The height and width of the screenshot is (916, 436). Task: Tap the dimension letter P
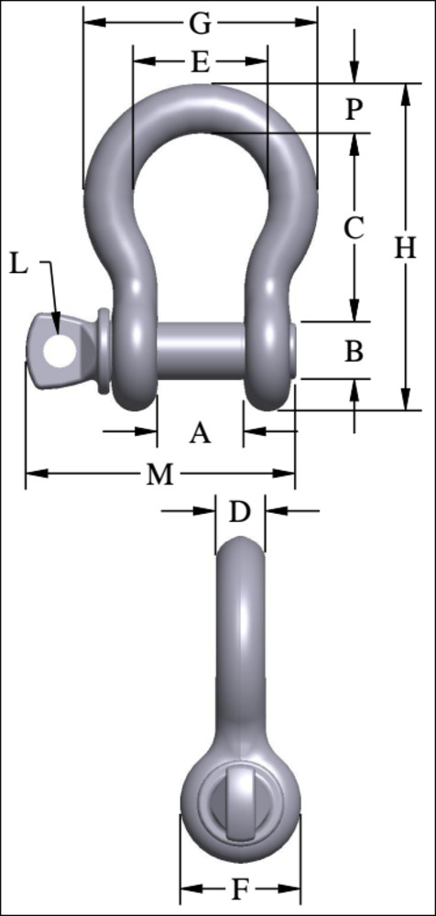[x=354, y=109]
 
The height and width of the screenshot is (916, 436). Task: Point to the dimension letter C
[x=354, y=228]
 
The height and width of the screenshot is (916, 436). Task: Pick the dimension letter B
[x=354, y=350]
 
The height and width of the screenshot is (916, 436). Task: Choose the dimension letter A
[x=200, y=431]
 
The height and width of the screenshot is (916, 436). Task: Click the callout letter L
[x=19, y=265]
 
